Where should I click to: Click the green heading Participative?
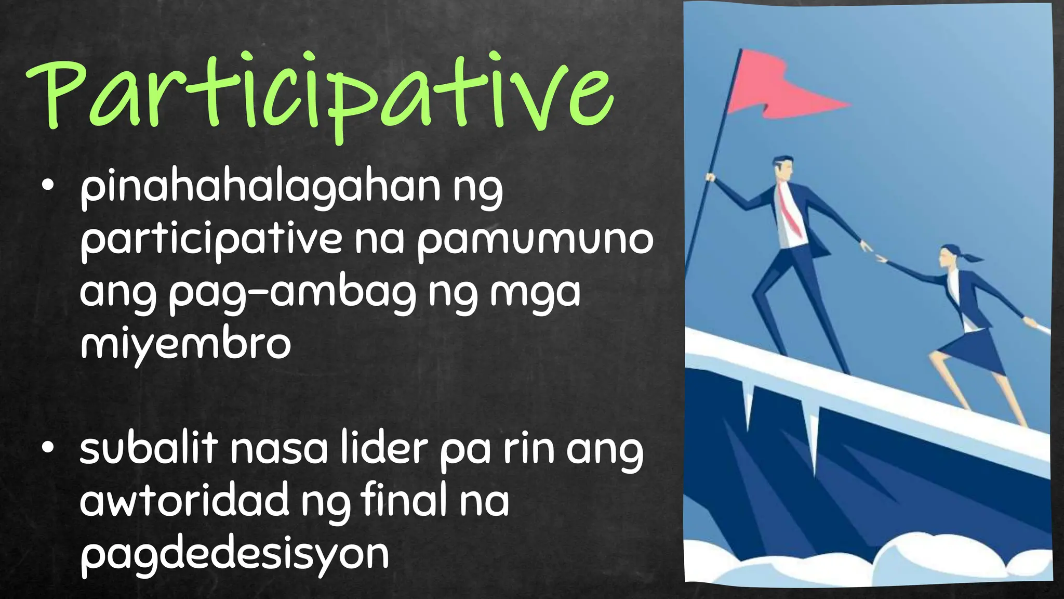tap(320, 94)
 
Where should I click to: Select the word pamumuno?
tap(535, 240)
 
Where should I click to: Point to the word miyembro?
tap(185, 344)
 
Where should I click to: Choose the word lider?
tap(384, 450)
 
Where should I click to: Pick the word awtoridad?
tap(184, 500)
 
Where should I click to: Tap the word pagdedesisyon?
tap(234, 554)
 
